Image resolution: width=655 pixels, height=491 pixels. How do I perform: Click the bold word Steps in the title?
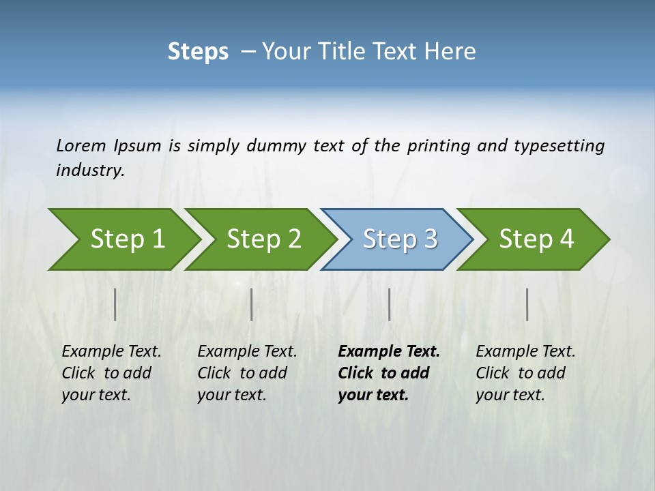(x=198, y=52)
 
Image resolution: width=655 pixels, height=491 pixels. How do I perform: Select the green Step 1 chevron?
(x=123, y=239)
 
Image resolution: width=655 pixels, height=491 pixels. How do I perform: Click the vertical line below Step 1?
(x=115, y=304)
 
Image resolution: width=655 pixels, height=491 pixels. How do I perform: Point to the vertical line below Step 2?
(x=252, y=304)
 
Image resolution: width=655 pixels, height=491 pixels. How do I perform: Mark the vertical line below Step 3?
(x=390, y=304)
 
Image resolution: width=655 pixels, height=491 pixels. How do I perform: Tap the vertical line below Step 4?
(x=527, y=304)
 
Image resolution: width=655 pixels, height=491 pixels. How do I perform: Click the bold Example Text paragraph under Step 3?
(x=388, y=373)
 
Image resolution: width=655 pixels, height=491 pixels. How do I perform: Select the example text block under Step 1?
(x=111, y=373)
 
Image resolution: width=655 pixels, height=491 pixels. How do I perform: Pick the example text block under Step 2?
(x=247, y=373)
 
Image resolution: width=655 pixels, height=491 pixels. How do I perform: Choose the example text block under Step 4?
(x=525, y=373)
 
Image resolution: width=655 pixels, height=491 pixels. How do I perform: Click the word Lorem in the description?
(x=81, y=145)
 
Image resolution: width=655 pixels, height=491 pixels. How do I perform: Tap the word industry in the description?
(x=89, y=170)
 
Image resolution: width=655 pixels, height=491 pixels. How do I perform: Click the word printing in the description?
(x=438, y=145)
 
